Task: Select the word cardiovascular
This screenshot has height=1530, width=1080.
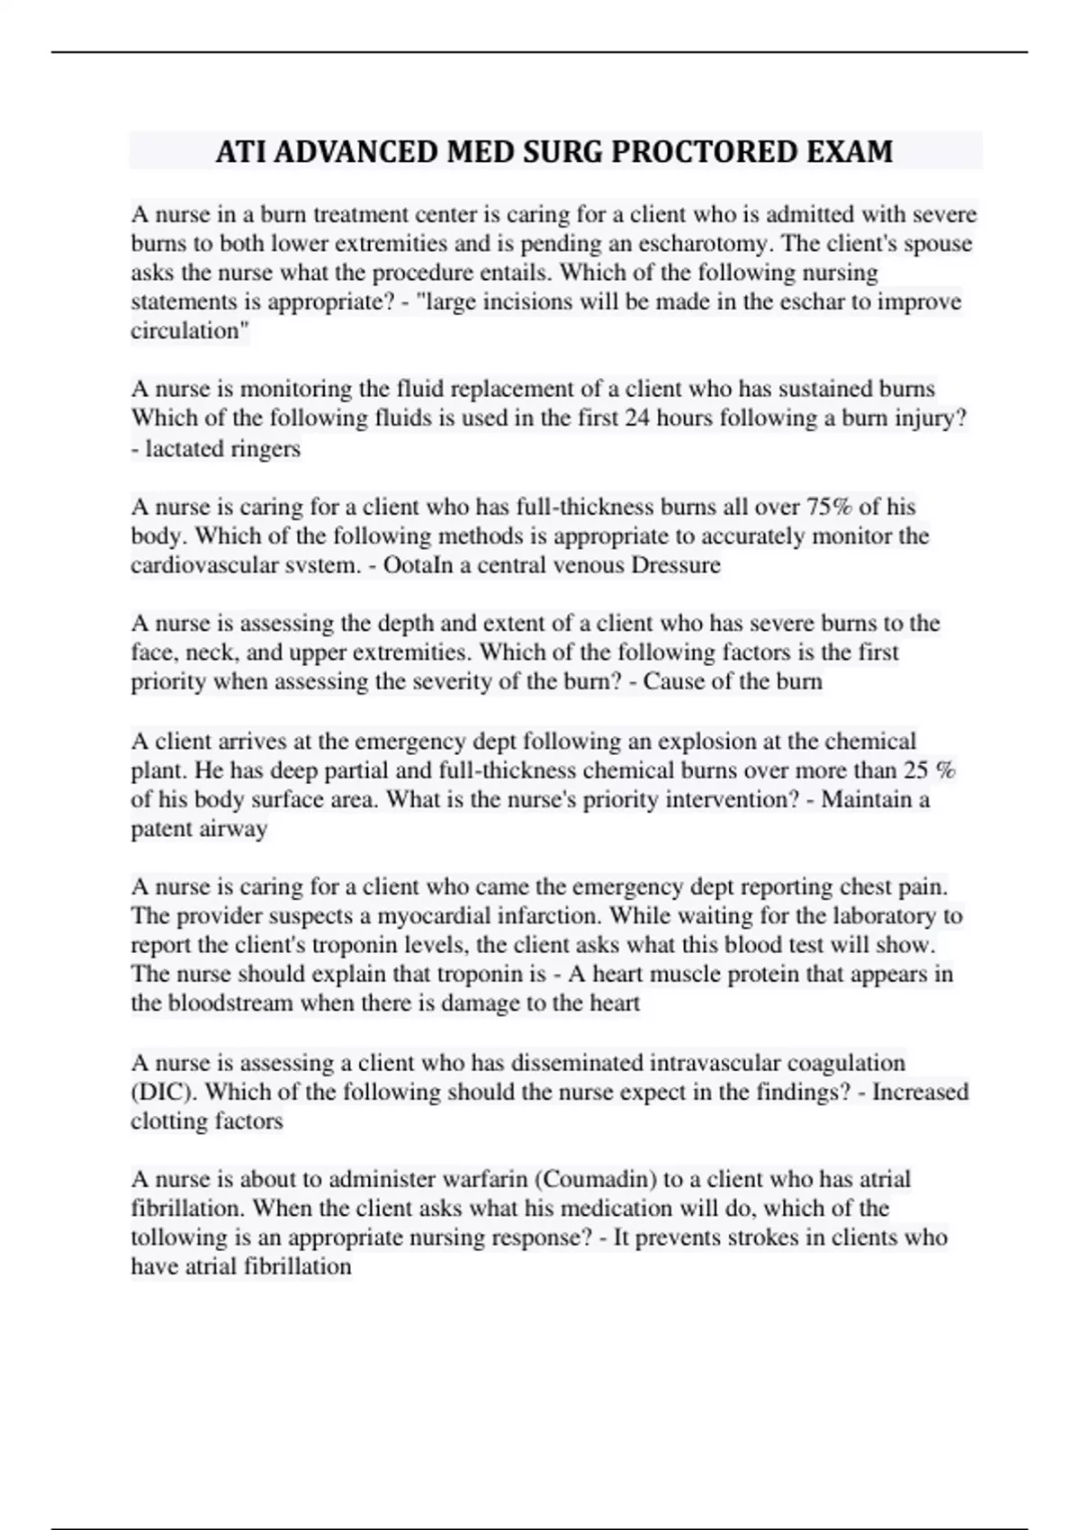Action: tap(197, 565)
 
